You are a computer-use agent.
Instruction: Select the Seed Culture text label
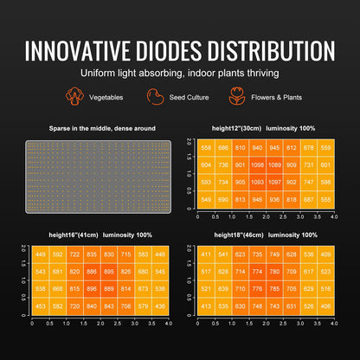pyautogui.click(x=189, y=99)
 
